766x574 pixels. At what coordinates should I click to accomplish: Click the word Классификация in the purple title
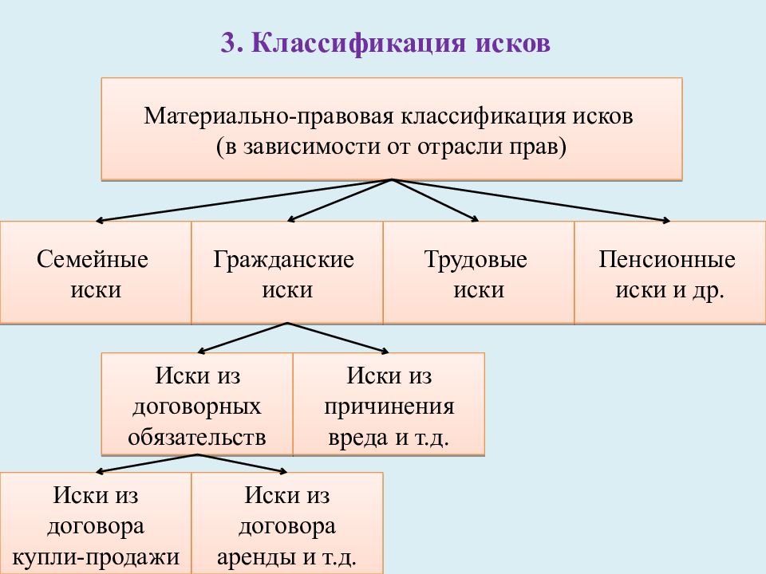(x=359, y=44)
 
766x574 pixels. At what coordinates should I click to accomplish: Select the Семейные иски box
(x=96, y=273)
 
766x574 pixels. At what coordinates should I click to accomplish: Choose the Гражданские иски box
(x=287, y=273)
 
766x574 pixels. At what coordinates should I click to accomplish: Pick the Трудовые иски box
(x=479, y=273)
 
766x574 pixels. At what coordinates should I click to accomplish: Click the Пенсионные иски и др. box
(x=670, y=273)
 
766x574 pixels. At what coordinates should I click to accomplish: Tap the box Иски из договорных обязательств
(x=197, y=404)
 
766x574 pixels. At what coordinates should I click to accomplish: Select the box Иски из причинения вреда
(x=389, y=404)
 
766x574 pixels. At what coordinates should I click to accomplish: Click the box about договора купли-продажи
(x=96, y=523)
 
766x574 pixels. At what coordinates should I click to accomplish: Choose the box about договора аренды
(x=287, y=523)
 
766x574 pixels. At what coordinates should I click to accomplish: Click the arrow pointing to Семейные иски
(x=244, y=200)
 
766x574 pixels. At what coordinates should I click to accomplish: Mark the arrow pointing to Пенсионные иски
(x=531, y=200)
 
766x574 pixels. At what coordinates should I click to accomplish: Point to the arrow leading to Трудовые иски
(x=436, y=200)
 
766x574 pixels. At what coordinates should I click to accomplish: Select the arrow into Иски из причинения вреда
(x=338, y=337)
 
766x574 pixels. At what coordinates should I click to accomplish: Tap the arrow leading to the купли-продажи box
(x=147, y=463)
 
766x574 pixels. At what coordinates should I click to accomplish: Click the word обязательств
(x=197, y=437)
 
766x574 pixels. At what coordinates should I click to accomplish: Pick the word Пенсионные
(x=667, y=259)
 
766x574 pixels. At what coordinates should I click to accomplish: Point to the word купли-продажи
(x=96, y=557)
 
